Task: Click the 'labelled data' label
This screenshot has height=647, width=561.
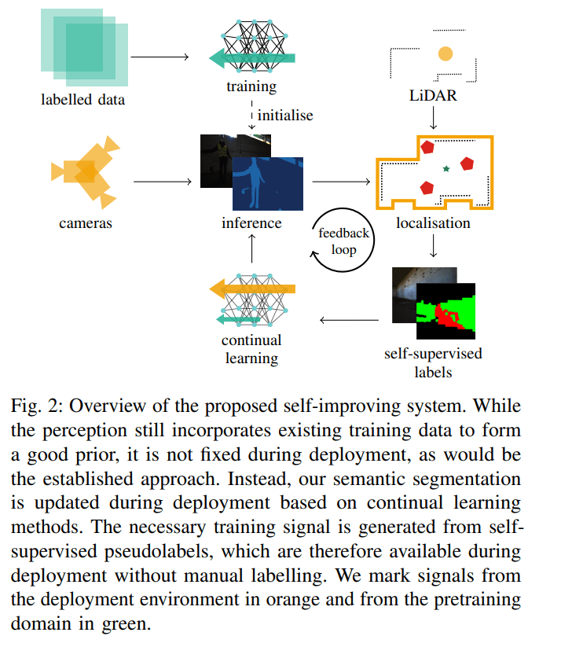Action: [x=83, y=100]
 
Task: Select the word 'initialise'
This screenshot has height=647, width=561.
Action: [x=285, y=116]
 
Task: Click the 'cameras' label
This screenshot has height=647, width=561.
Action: [x=86, y=223]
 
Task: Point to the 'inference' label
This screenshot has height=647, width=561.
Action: [x=251, y=223]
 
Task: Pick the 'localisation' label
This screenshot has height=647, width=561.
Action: [x=433, y=223]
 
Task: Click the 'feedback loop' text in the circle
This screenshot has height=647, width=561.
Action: [x=343, y=241]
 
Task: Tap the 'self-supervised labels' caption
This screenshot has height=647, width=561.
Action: [x=433, y=361]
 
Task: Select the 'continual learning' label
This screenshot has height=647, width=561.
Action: [x=251, y=349]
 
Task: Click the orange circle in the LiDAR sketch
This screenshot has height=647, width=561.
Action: [x=445, y=54]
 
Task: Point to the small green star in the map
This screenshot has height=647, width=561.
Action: [x=446, y=168]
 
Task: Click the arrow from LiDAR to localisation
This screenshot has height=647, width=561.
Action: [x=433, y=118]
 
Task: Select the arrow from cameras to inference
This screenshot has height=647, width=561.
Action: [x=163, y=182]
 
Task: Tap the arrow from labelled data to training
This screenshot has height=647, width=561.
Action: [x=159, y=57]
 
